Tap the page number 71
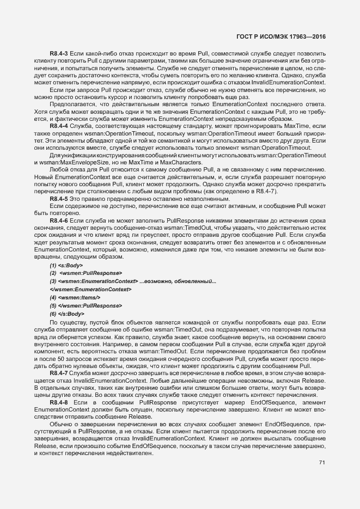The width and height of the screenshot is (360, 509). pos(322,463)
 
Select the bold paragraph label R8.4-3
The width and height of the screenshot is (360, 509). pos(58,53)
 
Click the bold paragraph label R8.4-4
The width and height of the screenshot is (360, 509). pos(58,126)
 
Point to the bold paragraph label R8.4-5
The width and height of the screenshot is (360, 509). pos(58,199)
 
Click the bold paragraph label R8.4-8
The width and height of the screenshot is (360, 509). pos(58,401)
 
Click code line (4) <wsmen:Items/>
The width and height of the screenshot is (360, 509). pos(75,298)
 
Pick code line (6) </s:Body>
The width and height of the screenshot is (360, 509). pos(67,314)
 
